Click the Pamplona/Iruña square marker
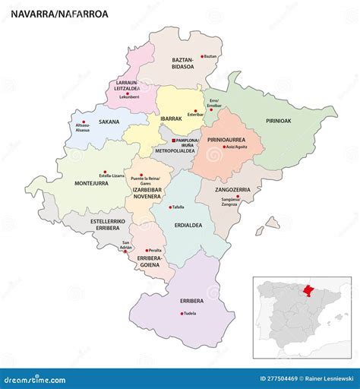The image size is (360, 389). pos(173,141)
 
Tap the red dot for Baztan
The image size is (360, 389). pos(201,56)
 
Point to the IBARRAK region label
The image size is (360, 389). pos(171,119)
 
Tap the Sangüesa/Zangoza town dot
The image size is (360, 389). pos(238,198)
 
